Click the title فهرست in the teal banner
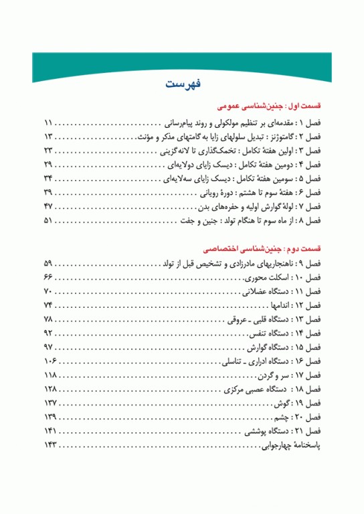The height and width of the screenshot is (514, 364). point(181,84)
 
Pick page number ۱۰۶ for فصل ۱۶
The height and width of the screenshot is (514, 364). point(51,361)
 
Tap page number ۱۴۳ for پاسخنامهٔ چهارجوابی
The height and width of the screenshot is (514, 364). point(51,444)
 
